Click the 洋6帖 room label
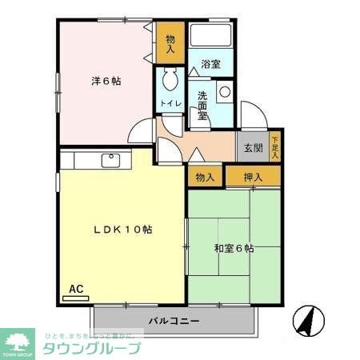[x=106, y=81]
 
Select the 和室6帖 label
[x=234, y=249]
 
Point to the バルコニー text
[x=173, y=322]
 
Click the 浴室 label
[x=210, y=64]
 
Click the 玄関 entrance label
[x=253, y=147]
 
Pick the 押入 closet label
[x=253, y=176]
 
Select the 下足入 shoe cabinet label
[x=275, y=146]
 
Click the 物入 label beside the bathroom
[x=170, y=43]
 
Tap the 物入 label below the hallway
[x=205, y=176]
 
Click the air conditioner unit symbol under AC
[x=75, y=298]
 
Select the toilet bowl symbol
[x=169, y=80]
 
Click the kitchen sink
[x=110, y=160]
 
